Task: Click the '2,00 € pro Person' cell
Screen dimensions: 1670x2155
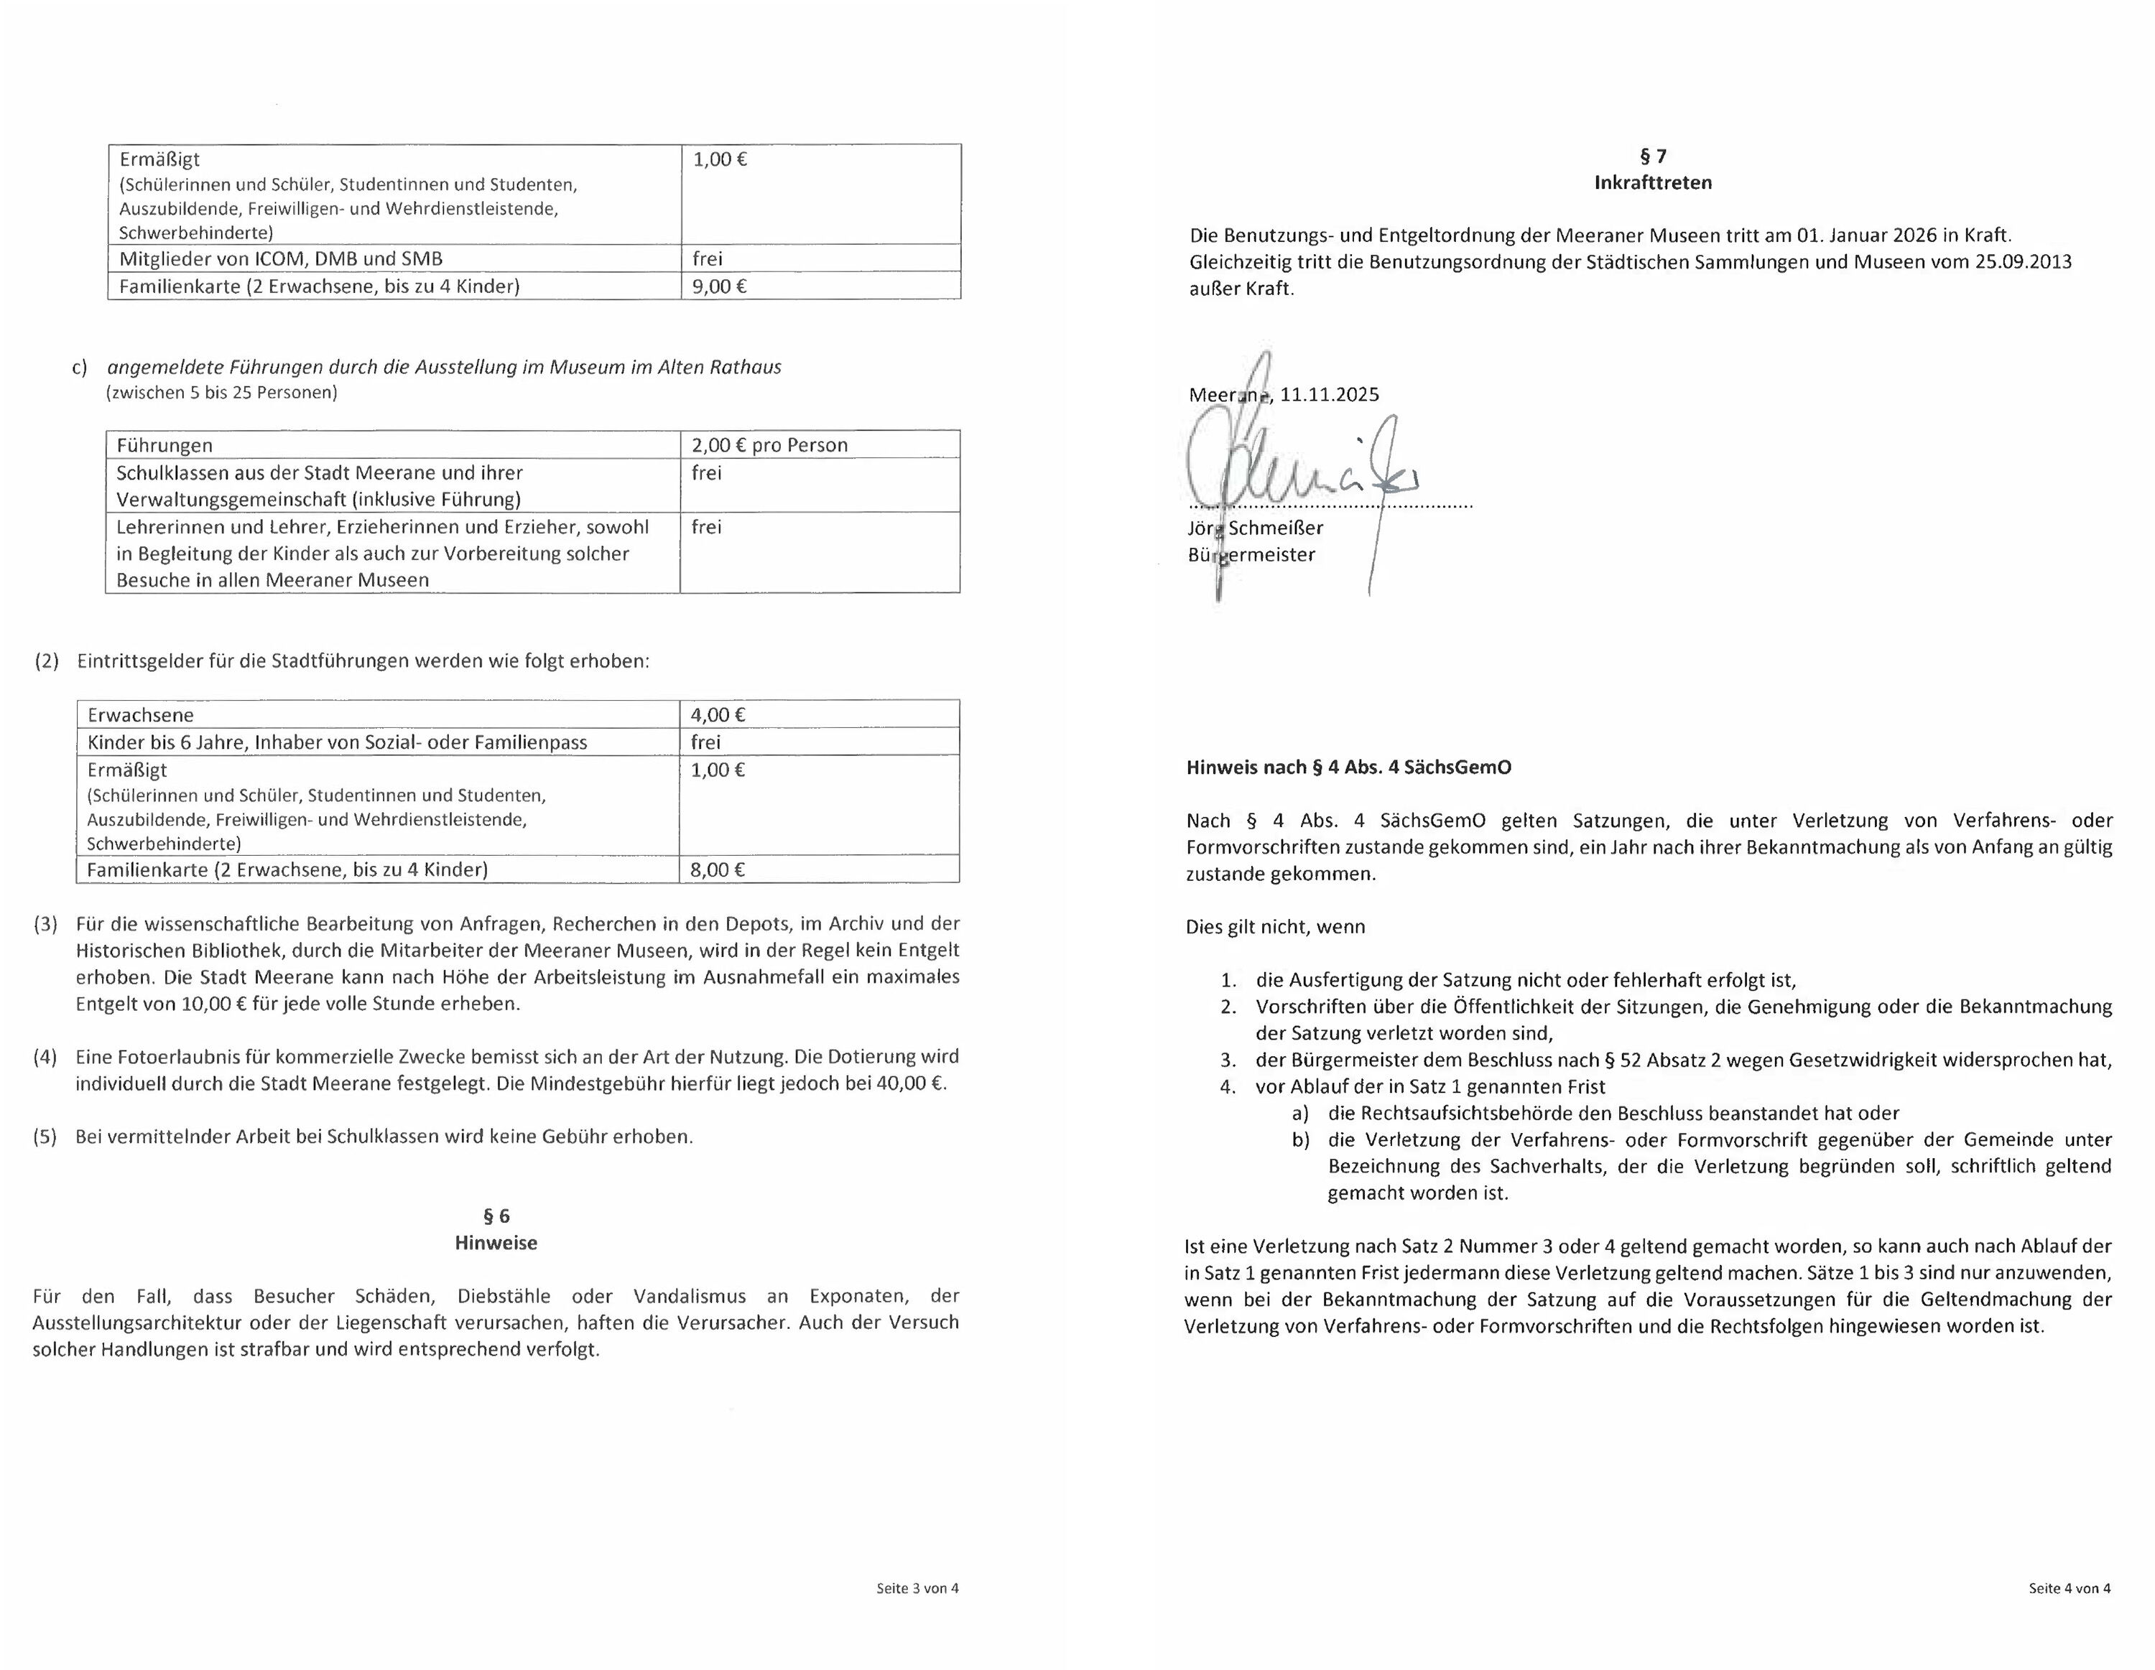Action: tap(769, 445)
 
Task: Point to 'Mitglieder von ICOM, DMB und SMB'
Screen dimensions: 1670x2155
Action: tap(281, 259)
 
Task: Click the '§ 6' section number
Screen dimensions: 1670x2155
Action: tap(496, 1216)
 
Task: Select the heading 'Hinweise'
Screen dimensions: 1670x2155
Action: tap(496, 1243)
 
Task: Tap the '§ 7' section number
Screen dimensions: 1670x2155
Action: tap(1653, 156)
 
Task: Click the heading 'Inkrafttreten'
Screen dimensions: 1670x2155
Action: tap(1653, 182)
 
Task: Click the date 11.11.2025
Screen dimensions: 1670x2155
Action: tap(1329, 396)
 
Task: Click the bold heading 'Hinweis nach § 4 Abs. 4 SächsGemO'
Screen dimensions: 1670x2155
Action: tap(1348, 768)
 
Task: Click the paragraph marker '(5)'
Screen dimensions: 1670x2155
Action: tap(45, 1137)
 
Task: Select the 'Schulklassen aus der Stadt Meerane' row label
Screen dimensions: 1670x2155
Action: tap(320, 473)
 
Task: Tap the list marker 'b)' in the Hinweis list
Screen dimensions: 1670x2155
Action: tap(1300, 1140)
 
